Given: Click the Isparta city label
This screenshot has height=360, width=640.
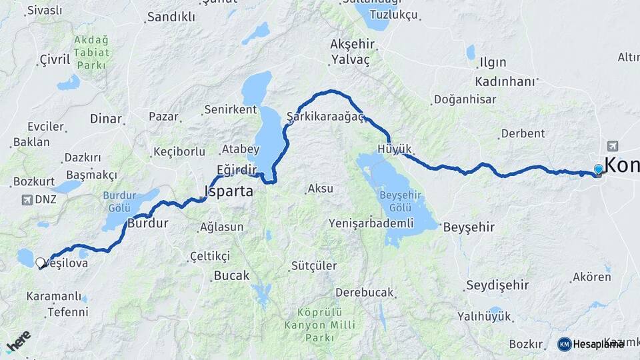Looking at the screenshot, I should (x=229, y=192).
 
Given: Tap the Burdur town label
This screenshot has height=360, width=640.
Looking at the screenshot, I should (x=147, y=223).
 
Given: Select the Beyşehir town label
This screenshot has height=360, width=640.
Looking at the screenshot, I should (x=469, y=227).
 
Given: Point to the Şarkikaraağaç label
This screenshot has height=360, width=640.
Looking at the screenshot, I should (x=325, y=117).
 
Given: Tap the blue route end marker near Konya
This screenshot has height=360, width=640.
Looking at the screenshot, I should (x=598, y=169).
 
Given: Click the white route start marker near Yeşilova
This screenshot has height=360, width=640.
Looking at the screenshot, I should (x=40, y=263).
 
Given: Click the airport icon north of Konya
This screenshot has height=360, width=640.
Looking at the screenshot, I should (x=612, y=146).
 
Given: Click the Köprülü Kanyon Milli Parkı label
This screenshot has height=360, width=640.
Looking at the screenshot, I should (x=319, y=325).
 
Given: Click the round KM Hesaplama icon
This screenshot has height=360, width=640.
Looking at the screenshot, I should (x=564, y=344).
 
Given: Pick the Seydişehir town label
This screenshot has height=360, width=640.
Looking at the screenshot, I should (x=497, y=285).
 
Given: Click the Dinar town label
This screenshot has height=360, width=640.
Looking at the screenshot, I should (x=105, y=119).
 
